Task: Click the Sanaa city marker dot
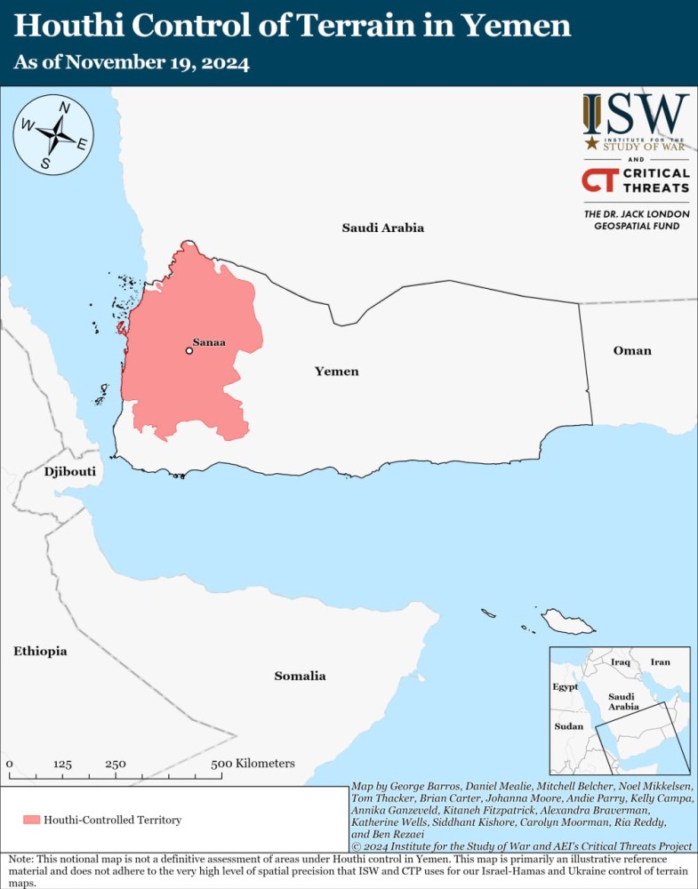[x=189, y=351]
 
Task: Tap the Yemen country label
[x=337, y=372]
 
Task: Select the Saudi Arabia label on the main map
[x=383, y=228]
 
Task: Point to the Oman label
[x=632, y=350]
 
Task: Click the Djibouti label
[x=69, y=471]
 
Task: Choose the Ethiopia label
[x=40, y=652]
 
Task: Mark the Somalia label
[x=300, y=676]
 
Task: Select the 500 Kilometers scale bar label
[x=253, y=764]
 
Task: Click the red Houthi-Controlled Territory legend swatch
[x=32, y=820]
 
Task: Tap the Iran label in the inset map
[x=660, y=662]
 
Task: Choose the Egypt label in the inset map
[x=565, y=687]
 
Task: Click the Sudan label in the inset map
[x=568, y=726]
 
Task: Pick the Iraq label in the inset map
[x=621, y=662]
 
